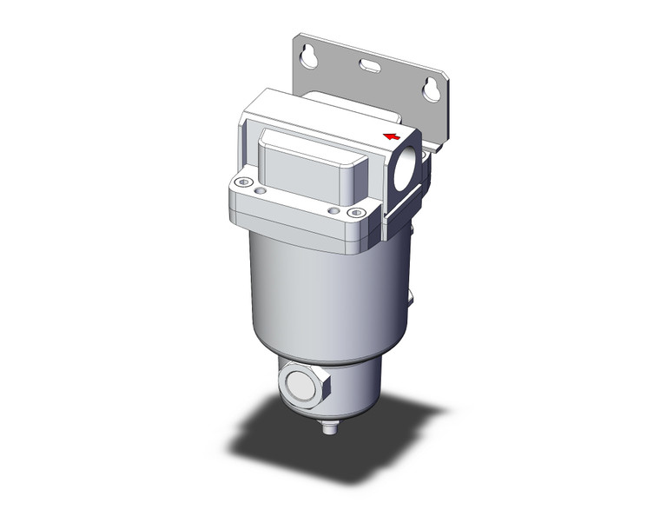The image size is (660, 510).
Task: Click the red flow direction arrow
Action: click(393, 136)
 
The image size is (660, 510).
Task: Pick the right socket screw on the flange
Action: click(352, 213)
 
